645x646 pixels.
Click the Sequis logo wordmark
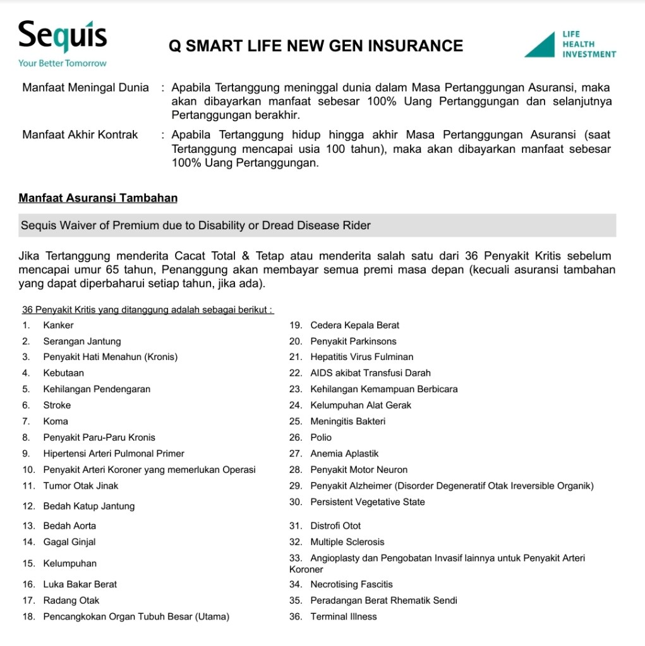[x=62, y=37]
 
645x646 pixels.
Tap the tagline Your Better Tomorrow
[x=62, y=63]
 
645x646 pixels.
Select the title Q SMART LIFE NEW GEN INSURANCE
[x=316, y=45]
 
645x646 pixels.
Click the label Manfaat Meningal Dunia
[x=85, y=87]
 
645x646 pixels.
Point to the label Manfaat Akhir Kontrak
[x=80, y=135]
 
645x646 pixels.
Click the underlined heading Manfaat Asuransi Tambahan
[x=98, y=198]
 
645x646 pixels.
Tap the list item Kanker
[x=58, y=325]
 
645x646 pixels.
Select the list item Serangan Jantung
[x=81, y=341]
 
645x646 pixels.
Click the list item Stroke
[x=57, y=405]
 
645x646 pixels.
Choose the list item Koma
[x=56, y=421]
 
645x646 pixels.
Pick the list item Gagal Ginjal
[x=69, y=542]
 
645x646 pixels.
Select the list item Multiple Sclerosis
[x=347, y=542]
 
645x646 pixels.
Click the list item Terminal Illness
[x=343, y=616]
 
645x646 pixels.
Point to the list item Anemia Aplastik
[x=344, y=453]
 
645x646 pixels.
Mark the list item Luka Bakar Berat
[x=80, y=584]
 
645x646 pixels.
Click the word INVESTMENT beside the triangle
[x=589, y=54]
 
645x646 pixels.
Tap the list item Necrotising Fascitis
[x=351, y=584]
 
